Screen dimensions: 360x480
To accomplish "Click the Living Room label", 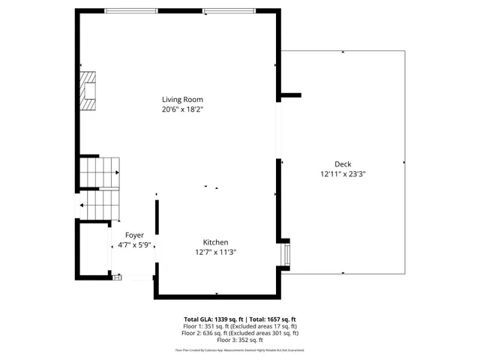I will tap(183, 99).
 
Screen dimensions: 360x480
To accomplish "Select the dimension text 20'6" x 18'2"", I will tap(183, 109).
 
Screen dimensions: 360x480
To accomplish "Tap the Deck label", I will tap(343, 164).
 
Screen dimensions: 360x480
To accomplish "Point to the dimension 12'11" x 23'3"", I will tap(343, 174).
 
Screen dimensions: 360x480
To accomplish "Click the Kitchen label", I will tap(215, 242).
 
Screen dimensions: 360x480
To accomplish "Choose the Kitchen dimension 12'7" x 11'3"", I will tap(215, 253).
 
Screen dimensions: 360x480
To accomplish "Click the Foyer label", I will tap(134, 235).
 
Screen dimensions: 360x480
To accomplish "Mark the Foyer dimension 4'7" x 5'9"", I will tap(134, 244).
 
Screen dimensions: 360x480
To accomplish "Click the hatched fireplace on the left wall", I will tap(88, 91).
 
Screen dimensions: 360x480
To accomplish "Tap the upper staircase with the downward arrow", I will tap(100, 172).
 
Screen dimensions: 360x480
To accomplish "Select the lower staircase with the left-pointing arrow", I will tap(100, 204).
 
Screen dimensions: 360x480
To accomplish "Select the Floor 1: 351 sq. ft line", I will tap(241, 326).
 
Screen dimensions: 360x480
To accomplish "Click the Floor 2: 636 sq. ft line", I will tap(241, 333).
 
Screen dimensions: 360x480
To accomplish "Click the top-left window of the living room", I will tap(130, 10).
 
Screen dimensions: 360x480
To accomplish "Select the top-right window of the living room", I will tap(228, 10).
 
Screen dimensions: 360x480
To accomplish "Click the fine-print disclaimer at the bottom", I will tap(240, 349).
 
